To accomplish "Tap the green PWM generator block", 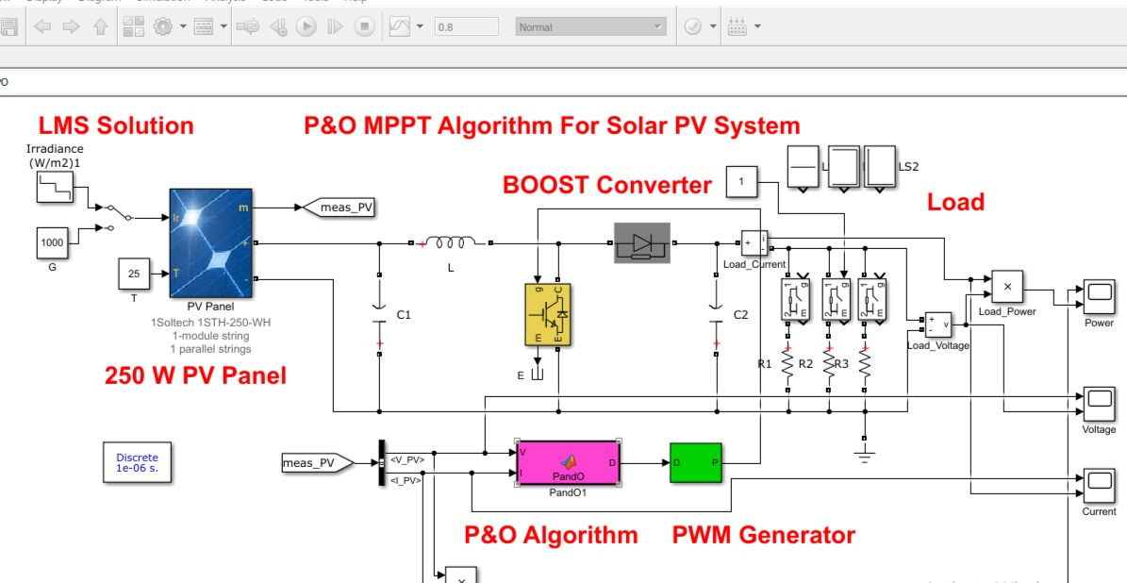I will click(x=695, y=462).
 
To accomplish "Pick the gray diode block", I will click(x=641, y=242).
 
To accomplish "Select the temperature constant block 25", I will click(x=134, y=274).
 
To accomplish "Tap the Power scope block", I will click(x=1099, y=297).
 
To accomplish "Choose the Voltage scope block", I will click(x=1099, y=404).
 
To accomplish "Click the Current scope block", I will click(x=1099, y=486).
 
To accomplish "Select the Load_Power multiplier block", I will click(x=1006, y=286).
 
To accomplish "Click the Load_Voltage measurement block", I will click(x=937, y=325).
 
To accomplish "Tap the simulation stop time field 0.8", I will click(x=466, y=27).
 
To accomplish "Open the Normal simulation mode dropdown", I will click(x=590, y=27).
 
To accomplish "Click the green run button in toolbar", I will click(x=306, y=27).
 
